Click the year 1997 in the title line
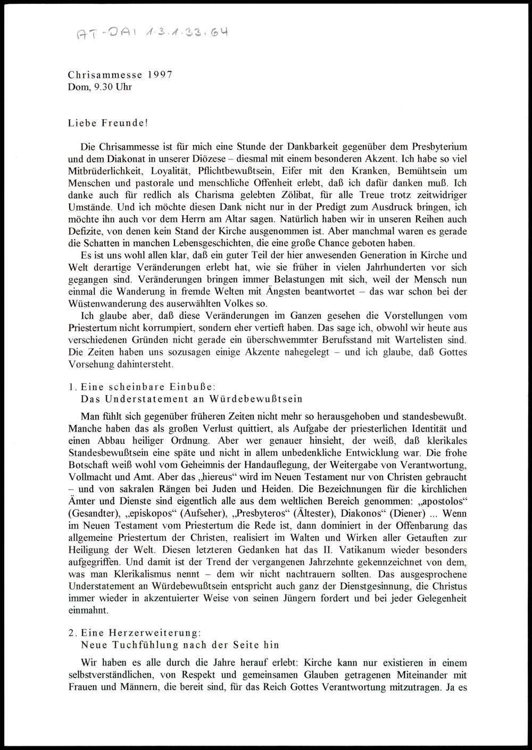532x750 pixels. point(159,75)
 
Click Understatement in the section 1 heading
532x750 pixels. point(142,399)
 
